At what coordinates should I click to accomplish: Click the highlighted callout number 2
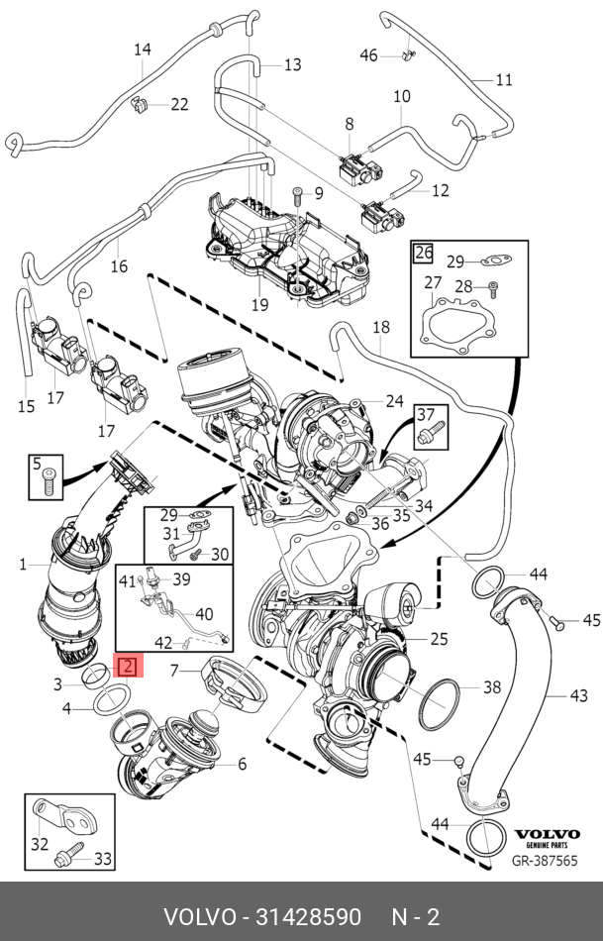point(130,666)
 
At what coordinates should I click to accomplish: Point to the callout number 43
point(579,695)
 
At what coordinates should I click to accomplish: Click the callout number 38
point(492,686)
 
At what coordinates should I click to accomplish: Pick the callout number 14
point(143,49)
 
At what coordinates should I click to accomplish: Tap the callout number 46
point(368,55)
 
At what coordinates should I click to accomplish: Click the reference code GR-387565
point(545,861)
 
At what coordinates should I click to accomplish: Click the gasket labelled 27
point(454,328)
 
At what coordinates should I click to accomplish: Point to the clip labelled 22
point(141,103)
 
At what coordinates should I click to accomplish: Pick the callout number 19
point(259,305)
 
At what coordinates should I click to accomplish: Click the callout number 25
point(439,638)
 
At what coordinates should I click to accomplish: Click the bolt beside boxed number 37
point(437,434)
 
